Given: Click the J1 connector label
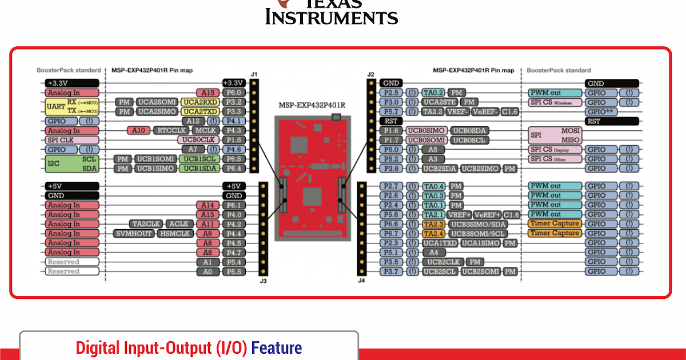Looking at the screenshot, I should pos(254,74).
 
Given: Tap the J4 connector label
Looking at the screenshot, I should pos(361,281).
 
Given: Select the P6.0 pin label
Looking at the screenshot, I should pos(234,92).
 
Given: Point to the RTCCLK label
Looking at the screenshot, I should pos(171,130).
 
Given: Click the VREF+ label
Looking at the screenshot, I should pos(458,214).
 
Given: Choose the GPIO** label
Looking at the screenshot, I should pos(601,111).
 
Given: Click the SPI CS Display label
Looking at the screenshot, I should pos(555,149).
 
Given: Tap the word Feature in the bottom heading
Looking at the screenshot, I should pos(276,347).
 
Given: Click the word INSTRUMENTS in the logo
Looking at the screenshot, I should pos(332,17).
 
